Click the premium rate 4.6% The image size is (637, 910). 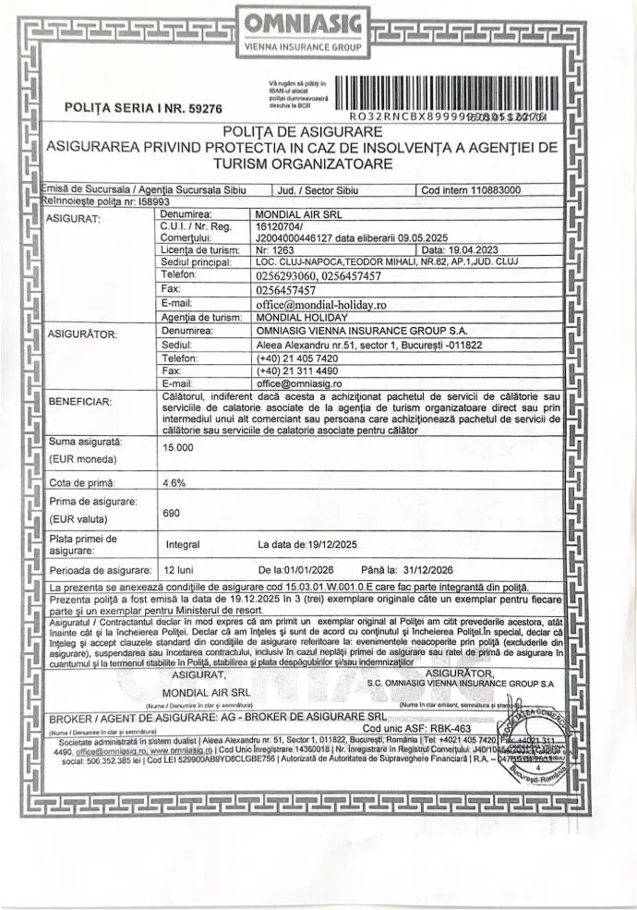[174, 481]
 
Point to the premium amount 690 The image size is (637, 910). [170, 512]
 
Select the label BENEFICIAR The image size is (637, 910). [78, 402]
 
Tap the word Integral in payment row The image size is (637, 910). [182, 544]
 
